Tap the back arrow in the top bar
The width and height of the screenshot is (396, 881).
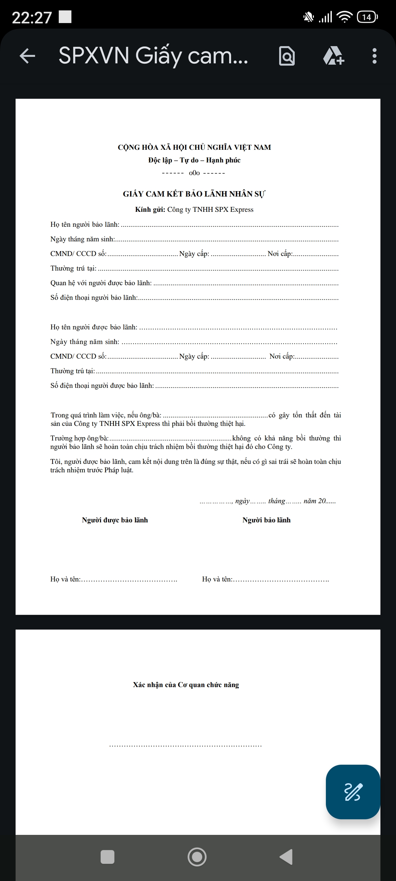27,56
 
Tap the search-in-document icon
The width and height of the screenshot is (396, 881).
287,56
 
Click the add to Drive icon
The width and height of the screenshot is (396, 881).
333,56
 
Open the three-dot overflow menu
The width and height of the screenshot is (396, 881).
375,56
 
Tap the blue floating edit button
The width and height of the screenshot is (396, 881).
353,791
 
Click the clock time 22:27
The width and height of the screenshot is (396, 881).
32,17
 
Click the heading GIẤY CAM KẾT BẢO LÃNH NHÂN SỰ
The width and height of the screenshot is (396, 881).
194,194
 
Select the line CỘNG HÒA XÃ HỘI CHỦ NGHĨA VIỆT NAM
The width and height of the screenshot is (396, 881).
194,147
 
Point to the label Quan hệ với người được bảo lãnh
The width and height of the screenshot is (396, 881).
101,283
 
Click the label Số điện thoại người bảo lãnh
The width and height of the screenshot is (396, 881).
94,298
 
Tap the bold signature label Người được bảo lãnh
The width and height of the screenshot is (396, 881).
115,520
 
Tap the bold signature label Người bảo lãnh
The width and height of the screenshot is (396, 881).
266,520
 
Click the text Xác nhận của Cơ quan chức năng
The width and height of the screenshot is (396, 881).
186,685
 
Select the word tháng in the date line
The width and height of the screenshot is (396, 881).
277,501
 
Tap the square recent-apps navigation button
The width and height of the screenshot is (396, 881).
107,857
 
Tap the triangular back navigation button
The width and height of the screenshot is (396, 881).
286,857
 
